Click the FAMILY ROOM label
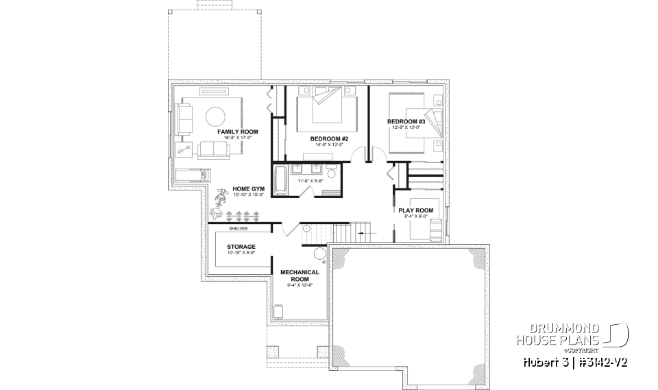pyautogui.click(x=238, y=131)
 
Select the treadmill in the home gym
pyautogui.click(x=190, y=175)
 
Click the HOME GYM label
pyautogui.click(x=248, y=188)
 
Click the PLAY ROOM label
pyautogui.click(x=416, y=210)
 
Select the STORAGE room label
pyautogui.click(x=242, y=247)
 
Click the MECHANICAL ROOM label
pyautogui.click(x=300, y=276)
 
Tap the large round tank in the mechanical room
pyautogui.click(x=320, y=255)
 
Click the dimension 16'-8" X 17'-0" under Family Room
pyautogui.click(x=238, y=138)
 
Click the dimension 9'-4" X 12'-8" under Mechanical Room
pyautogui.click(x=300, y=285)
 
